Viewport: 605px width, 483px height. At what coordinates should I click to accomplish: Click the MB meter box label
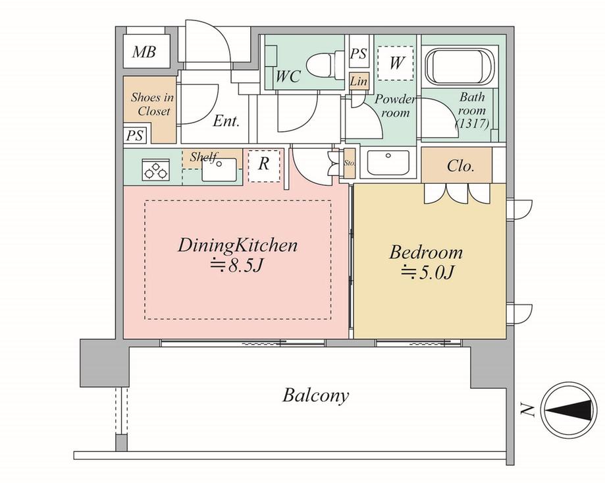tap(144, 52)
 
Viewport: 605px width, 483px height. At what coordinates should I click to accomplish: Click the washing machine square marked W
tap(396, 63)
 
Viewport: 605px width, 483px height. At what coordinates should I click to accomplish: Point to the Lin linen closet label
tap(359, 82)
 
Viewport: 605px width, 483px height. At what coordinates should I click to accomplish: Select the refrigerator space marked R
tap(263, 165)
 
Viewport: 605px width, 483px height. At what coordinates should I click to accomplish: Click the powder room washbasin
tap(388, 161)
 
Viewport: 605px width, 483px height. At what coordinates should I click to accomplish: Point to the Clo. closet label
tap(460, 166)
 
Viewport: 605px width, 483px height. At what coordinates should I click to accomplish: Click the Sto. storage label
tap(350, 163)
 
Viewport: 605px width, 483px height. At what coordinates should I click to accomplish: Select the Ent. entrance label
tap(226, 121)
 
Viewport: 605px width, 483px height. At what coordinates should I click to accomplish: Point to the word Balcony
tap(316, 395)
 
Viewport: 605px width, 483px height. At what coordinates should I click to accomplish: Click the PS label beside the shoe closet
tap(135, 135)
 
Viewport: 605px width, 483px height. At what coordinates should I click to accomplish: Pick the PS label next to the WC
tap(359, 55)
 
